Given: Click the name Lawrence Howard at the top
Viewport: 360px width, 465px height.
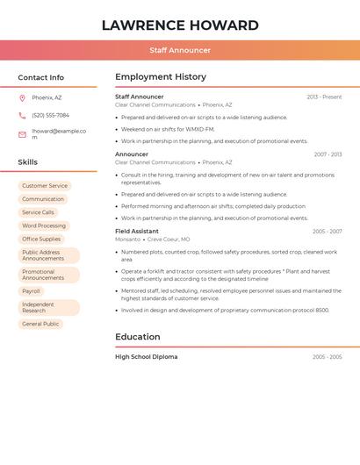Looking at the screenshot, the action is (180, 25).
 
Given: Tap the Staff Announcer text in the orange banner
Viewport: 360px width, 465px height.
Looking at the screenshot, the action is (180, 50).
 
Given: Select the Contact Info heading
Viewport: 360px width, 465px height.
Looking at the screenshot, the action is (40, 77).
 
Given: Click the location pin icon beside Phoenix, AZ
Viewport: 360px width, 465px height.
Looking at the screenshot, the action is (22, 97).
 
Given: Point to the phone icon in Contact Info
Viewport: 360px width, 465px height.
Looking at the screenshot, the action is (22, 115).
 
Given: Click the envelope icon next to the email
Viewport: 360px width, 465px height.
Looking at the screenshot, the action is (22, 134).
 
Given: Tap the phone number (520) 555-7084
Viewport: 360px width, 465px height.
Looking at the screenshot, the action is (50, 115).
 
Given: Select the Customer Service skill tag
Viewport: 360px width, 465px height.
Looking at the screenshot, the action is (45, 186).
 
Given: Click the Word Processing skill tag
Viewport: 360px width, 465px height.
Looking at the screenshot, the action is (44, 225).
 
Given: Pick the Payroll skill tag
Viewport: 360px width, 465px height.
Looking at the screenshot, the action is (32, 291).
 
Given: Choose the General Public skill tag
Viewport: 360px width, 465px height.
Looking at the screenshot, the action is (40, 324).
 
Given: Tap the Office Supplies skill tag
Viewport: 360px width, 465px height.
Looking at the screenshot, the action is (41, 239).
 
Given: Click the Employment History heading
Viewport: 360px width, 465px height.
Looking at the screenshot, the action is (161, 77).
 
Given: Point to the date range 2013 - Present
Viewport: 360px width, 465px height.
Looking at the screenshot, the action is (324, 97).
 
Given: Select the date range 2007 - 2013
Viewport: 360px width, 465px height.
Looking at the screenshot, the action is (328, 154).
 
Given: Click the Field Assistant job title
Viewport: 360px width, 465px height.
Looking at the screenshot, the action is (137, 232).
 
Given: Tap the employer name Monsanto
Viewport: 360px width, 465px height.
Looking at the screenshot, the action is (127, 240).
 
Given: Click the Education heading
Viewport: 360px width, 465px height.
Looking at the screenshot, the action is (138, 337).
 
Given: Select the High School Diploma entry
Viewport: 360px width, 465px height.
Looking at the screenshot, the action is (146, 357).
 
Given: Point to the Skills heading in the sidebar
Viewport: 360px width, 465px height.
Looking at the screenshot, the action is (28, 162).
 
